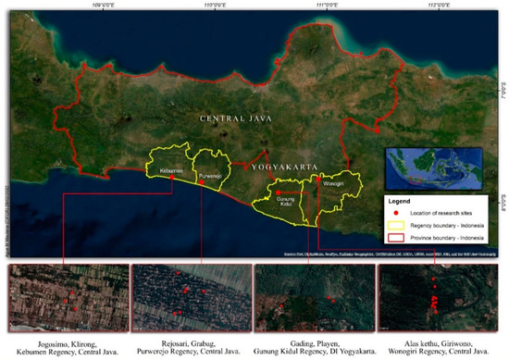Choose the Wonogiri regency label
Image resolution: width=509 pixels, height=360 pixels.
pyautogui.click(x=331, y=182)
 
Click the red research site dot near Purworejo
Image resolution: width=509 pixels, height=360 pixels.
pyautogui.click(x=200, y=182)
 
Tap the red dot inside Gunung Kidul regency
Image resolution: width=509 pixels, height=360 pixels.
pyautogui.click(x=278, y=192)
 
